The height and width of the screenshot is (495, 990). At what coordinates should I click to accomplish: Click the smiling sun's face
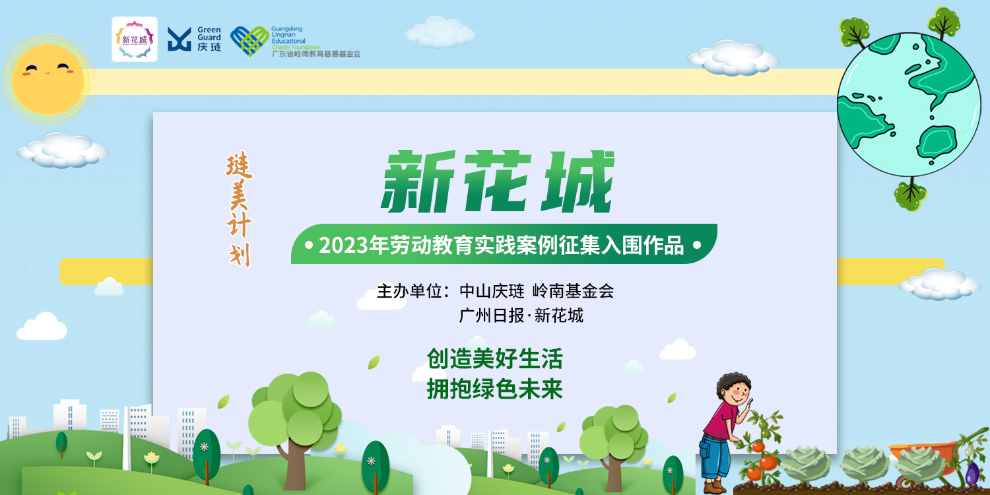[48, 79]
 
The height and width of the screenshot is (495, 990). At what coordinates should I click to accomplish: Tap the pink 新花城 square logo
[135, 40]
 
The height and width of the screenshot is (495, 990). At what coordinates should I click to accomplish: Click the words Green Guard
[209, 34]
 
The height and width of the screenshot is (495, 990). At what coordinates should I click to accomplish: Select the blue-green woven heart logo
[249, 41]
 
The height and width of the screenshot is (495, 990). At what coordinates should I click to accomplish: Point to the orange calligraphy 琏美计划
[239, 209]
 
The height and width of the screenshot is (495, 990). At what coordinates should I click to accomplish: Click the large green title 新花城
[498, 181]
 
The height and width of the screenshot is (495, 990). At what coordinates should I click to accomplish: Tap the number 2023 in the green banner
[343, 246]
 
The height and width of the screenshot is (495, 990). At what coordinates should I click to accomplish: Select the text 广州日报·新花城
[521, 315]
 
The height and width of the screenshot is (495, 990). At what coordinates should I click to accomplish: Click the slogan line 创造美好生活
[495, 358]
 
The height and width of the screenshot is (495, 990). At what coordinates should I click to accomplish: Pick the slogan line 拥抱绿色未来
[495, 389]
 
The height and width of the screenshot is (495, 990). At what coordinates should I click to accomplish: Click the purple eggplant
[972, 473]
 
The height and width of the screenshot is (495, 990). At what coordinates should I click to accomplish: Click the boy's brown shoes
[712, 487]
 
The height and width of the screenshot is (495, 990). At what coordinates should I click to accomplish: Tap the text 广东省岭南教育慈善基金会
[316, 54]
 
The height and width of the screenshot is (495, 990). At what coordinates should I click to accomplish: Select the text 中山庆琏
[492, 291]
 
